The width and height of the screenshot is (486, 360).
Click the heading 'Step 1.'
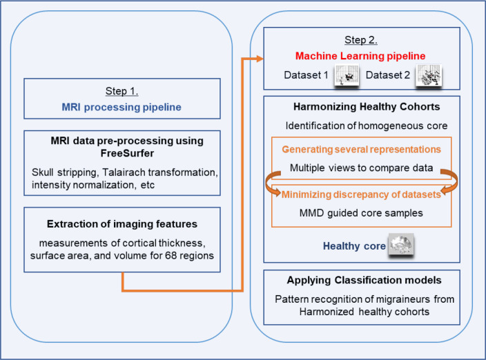pyautogui.click(x=121, y=91)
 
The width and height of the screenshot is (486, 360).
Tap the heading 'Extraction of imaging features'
pyautogui.click(x=121, y=225)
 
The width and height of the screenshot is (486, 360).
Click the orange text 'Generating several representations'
pyautogui.click(x=362, y=150)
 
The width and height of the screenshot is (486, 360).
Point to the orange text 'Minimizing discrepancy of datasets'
pyautogui.click(x=361, y=194)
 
